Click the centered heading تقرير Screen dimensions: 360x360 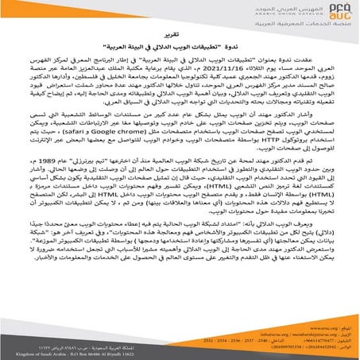pyautogui.click(x=180, y=59)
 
